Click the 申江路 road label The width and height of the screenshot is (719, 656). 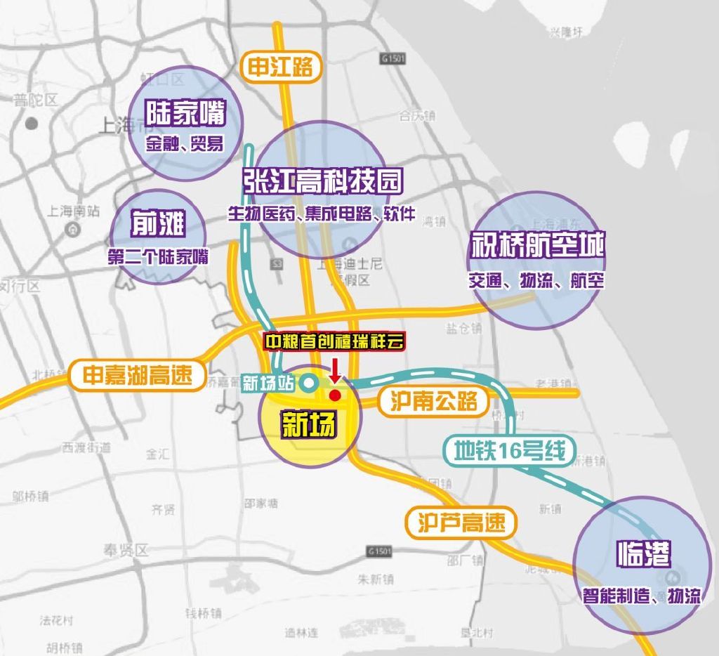[x=280, y=67]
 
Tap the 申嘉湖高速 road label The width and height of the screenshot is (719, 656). [x=137, y=374]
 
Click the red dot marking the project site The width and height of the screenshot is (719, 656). [x=336, y=395]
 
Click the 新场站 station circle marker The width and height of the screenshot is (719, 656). [x=308, y=383]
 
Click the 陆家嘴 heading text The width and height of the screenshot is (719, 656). [x=185, y=113]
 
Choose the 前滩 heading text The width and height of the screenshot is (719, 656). [x=158, y=225]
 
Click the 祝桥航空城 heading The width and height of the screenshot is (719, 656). [x=537, y=245]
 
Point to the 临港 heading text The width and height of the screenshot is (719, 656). [x=643, y=555]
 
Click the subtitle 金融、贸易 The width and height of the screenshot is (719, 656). [x=185, y=145]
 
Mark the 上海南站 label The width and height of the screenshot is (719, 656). [x=74, y=211]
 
